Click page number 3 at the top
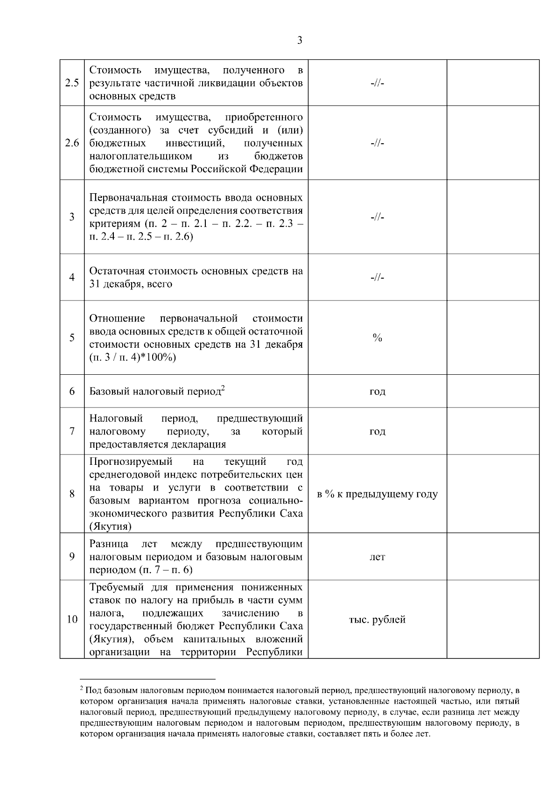(300, 41)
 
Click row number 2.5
(72, 83)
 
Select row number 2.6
(72, 143)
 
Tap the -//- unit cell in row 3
(377, 217)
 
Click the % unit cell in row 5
(377, 338)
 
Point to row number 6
(72, 391)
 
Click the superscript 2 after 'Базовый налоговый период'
(223, 387)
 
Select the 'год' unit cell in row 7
(377, 431)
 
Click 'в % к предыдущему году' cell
(377, 494)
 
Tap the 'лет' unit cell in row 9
(377, 557)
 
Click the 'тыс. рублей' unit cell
(377, 620)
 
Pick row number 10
(72, 620)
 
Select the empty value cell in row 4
(493, 278)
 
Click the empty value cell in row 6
(493, 391)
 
